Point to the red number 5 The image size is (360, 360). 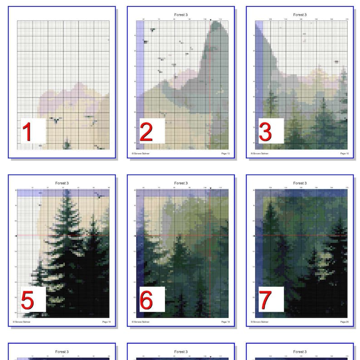click(27, 300)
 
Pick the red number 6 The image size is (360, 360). click(146, 300)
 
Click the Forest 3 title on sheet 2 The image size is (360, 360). click(180, 15)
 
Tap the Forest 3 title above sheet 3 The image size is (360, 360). click(299, 15)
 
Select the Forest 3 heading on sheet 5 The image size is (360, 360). click(62, 183)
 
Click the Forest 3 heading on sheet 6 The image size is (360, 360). click(180, 183)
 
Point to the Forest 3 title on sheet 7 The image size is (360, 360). click(299, 183)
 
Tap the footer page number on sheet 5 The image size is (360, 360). click(107, 322)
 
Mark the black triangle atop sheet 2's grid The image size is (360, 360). click(211, 19)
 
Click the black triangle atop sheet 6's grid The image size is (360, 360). click(211, 188)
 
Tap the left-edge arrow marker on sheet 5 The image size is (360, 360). click(16, 236)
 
